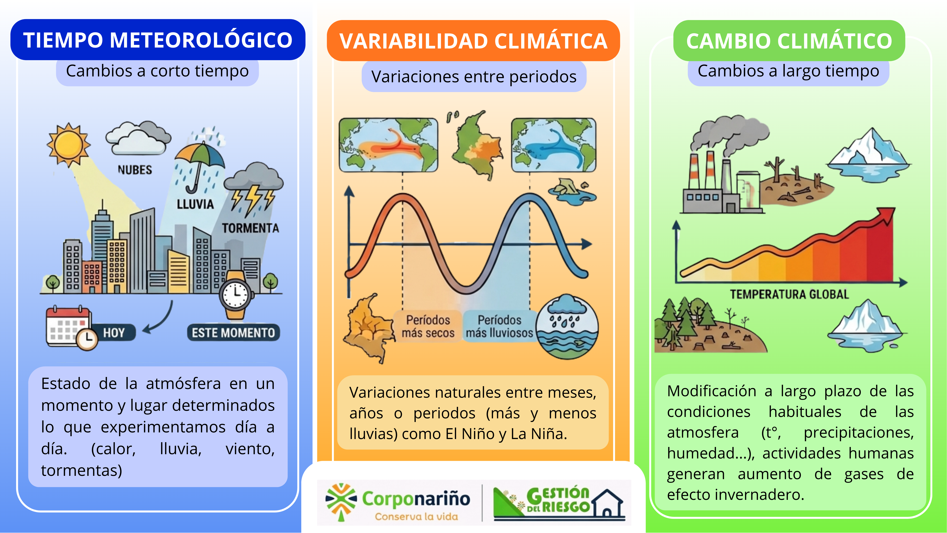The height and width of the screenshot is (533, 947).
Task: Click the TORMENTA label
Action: click(x=250, y=228)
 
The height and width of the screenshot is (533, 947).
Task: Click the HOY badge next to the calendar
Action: click(x=114, y=333)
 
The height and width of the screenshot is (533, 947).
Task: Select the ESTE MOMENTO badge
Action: click(x=233, y=333)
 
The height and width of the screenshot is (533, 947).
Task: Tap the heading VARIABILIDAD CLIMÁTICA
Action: click(x=473, y=41)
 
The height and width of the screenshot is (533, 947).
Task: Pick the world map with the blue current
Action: click(x=554, y=145)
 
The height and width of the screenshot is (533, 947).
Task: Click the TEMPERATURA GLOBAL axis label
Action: click(x=789, y=294)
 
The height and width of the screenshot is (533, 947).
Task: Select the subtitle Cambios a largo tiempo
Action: click(x=789, y=71)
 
